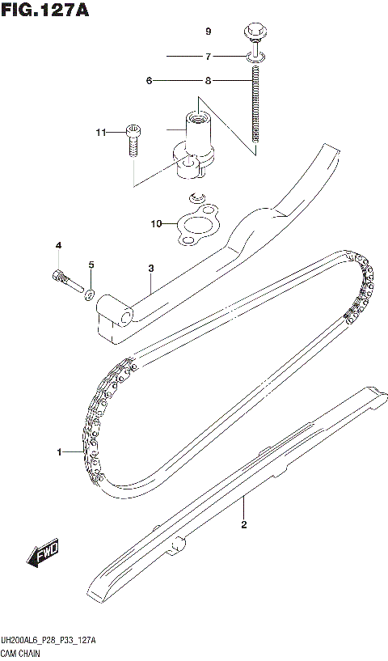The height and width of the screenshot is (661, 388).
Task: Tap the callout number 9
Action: [x=208, y=32]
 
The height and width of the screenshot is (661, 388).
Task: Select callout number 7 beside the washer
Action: [x=208, y=57]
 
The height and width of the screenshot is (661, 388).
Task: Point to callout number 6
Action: [x=150, y=80]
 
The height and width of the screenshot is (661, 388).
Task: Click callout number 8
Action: [x=208, y=80]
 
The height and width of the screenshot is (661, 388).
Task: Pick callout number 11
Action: [x=100, y=132]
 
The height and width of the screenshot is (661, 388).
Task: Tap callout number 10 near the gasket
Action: [x=156, y=222]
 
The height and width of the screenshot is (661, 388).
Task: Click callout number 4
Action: [x=58, y=245]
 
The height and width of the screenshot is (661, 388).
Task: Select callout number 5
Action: [x=91, y=265]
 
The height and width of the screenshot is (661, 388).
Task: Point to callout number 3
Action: [x=150, y=268]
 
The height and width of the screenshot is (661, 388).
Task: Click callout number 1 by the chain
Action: [x=59, y=451]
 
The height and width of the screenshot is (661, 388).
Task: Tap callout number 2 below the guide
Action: [x=243, y=524]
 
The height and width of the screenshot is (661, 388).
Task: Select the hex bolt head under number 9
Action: [x=254, y=34]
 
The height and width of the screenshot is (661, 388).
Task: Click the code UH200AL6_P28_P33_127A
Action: [x=50, y=641]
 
